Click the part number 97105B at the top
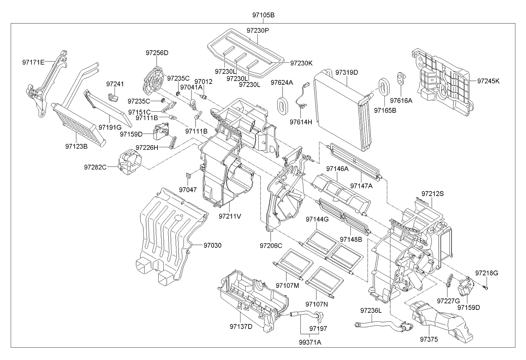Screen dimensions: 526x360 tap(263, 15)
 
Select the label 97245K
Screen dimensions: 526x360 tap(488, 81)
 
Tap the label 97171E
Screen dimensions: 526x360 tap(34, 62)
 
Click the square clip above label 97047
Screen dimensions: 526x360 tap(188, 175)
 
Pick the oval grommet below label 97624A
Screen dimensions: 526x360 tap(281, 106)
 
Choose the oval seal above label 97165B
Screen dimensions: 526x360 tap(384, 87)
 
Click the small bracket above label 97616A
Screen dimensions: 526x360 tap(402, 78)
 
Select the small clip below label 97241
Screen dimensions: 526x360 tap(113, 97)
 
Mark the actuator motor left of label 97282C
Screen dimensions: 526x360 tap(129, 162)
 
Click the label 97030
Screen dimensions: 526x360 tap(212, 245)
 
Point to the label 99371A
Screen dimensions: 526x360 tap(310, 342)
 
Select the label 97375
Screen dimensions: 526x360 tap(429, 339)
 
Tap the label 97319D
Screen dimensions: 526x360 tap(347, 73)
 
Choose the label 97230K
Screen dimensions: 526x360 tap(302, 63)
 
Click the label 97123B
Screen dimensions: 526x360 tap(76, 146)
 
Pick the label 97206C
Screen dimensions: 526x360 tap(271, 246)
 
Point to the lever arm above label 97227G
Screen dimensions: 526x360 tap(449, 281)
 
